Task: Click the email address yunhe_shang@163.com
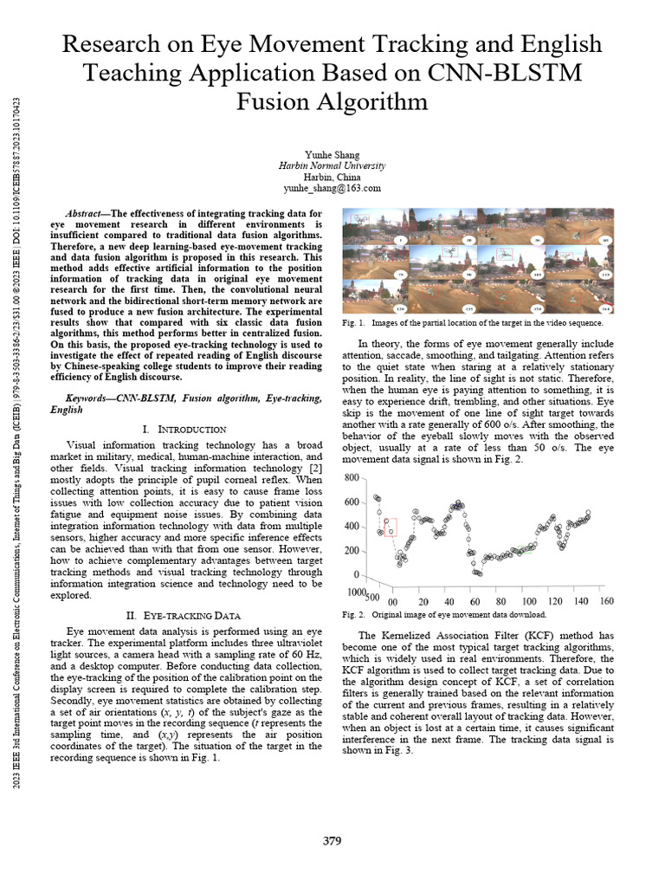tap(332, 188)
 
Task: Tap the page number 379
tap(332, 840)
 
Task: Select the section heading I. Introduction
tap(184, 429)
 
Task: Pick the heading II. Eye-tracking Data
tap(183, 615)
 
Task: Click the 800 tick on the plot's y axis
tap(352, 478)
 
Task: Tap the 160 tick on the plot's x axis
tap(606, 602)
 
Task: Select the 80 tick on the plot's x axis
tap(501, 602)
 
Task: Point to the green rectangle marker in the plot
tap(519, 550)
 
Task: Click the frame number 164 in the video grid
tap(605, 308)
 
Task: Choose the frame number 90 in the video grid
tap(468, 275)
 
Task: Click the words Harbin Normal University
tap(332, 165)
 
